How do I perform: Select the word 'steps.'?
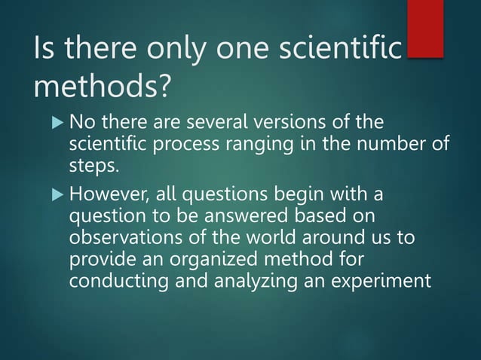93,165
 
